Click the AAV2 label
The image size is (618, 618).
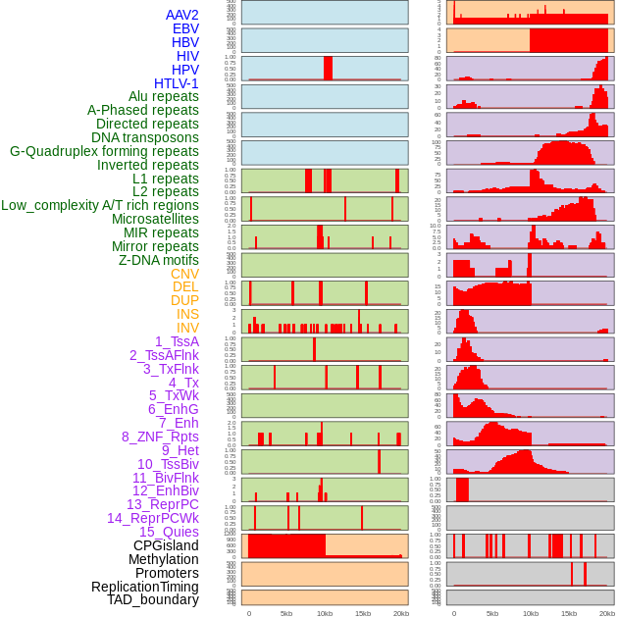[x=181, y=15]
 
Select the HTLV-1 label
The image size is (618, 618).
[x=176, y=83]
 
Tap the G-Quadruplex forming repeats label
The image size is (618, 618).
[x=104, y=151]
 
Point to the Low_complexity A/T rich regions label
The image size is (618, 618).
[x=100, y=205]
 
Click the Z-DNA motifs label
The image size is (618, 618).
[x=158, y=260]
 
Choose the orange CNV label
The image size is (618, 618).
[x=184, y=274]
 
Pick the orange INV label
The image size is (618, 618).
[x=187, y=328]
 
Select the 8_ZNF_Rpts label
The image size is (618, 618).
[x=160, y=437]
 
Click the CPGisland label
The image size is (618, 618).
[x=166, y=545]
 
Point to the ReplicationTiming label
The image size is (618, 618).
[x=144, y=587]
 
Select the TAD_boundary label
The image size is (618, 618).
[x=152, y=599]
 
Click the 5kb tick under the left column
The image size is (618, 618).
[x=286, y=613]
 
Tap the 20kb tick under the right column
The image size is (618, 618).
[x=607, y=613]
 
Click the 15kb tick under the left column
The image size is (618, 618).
[x=363, y=613]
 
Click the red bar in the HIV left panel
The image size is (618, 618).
[x=328, y=68]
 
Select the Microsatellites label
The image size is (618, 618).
[x=155, y=219]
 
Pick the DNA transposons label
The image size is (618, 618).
[x=145, y=137]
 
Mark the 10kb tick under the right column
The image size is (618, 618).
[x=531, y=613]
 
